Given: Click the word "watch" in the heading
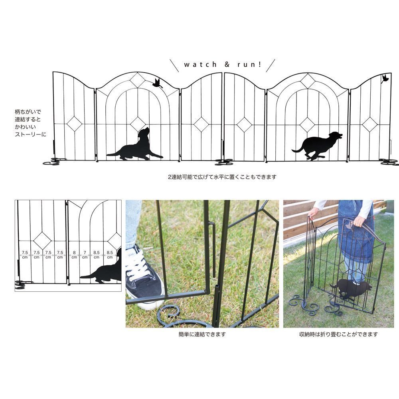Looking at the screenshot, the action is (200, 64).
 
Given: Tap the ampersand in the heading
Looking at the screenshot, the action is (227, 64).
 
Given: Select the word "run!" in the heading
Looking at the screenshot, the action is (249, 64).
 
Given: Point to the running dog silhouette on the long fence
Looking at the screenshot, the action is (317, 146).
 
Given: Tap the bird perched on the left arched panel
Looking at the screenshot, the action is (157, 83).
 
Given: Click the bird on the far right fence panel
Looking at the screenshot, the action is (385, 79).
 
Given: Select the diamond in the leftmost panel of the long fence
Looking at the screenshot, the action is (75, 124).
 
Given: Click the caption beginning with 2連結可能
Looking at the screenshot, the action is (222, 177).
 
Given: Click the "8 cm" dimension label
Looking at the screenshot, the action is (74, 255).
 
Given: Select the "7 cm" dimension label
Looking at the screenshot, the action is (85, 255).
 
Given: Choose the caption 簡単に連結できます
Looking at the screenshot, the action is (202, 334).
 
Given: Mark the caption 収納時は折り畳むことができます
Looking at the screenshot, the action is (338, 334).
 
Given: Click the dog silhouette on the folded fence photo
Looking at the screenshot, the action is (351, 289).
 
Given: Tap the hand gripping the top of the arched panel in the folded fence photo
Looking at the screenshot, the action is (359, 221).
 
